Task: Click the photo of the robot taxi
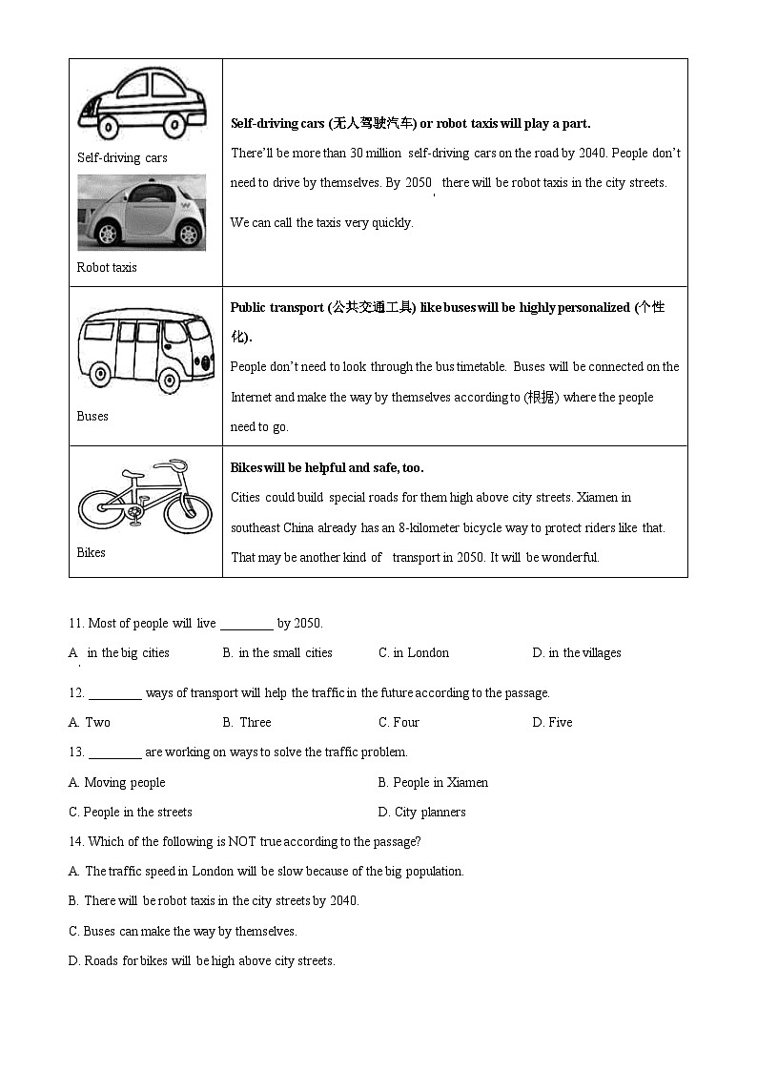141,213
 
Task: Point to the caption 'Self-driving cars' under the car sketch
122,157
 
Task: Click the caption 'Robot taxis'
107,267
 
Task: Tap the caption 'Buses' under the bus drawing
92,416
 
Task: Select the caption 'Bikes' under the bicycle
92,552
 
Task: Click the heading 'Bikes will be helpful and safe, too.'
327,467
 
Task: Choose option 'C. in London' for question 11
414,652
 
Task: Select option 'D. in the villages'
577,652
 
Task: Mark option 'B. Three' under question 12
247,722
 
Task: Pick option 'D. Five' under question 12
552,722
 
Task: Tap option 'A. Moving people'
116,782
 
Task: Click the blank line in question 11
246,625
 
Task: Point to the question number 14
76,841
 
